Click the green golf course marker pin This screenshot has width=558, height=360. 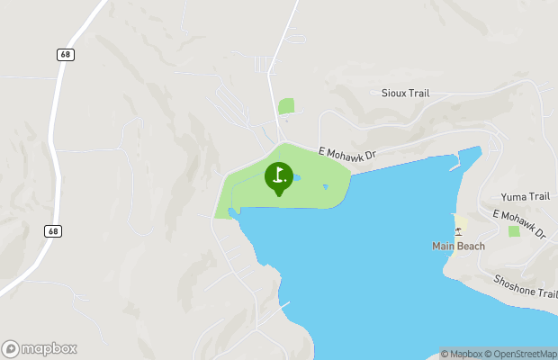[x=278, y=177]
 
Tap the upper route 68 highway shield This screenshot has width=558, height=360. [x=65, y=55]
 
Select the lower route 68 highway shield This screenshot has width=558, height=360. [x=53, y=231]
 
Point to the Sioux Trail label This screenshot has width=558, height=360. [x=406, y=93]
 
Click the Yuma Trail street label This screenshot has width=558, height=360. [x=525, y=196]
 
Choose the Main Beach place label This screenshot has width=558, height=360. [x=458, y=247]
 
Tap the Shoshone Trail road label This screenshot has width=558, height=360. [x=526, y=286]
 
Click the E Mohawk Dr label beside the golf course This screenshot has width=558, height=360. [x=346, y=155]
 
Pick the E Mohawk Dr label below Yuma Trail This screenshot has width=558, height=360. [x=519, y=224]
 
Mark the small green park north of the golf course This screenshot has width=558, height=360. [x=286, y=106]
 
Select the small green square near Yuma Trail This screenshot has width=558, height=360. [x=514, y=231]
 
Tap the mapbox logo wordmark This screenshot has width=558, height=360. [x=40, y=348]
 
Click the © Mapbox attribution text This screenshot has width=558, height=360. [x=462, y=354]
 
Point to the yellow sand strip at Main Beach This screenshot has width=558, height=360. [x=461, y=223]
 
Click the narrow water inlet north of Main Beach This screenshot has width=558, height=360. [x=468, y=160]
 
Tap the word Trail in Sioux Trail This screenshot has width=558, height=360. [x=418, y=93]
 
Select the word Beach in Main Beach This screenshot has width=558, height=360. [x=471, y=247]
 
